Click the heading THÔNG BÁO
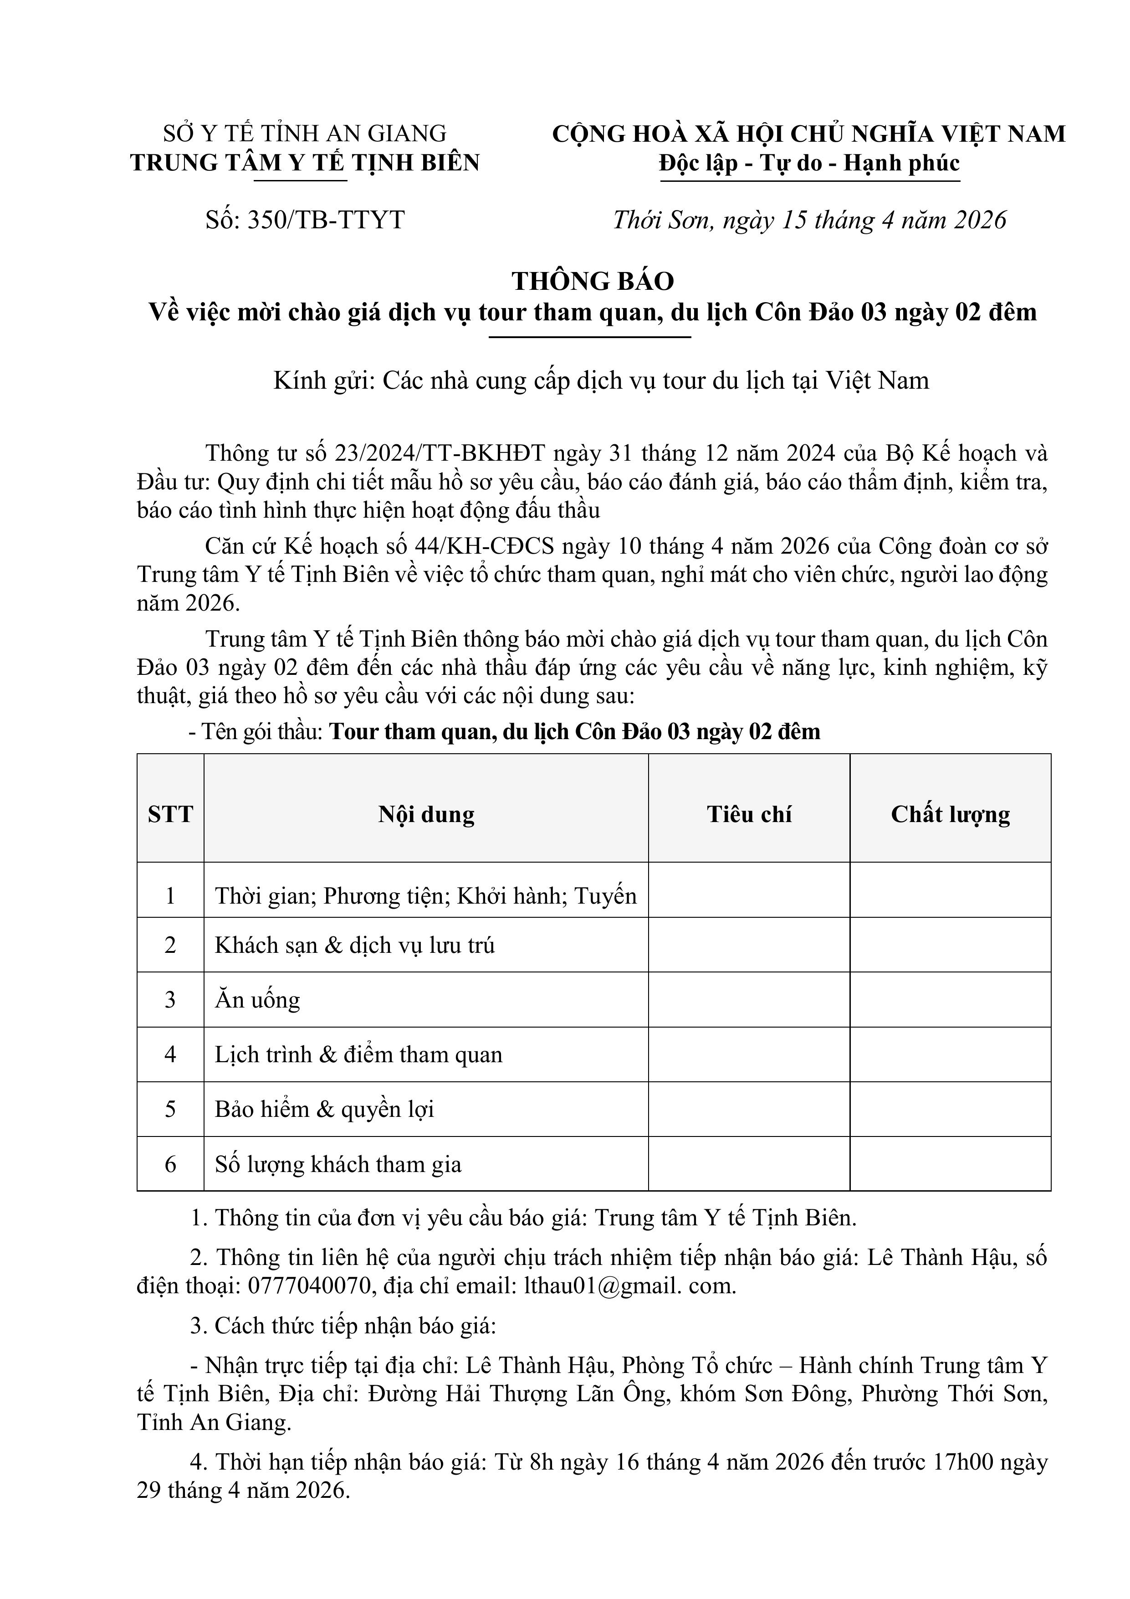pyautogui.click(x=593, y=281)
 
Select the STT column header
pyautogui.click(x=171, y=814)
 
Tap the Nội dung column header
pyautogui.click(x=426, y=814)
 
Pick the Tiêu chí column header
pyautogui.click(x=749, y=814)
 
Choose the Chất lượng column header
pyautogui.click(x=951, y=814)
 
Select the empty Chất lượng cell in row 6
pyautogui.click(x=951, y=1164)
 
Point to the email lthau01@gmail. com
pyautogui.click(x=630, y=1285)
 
